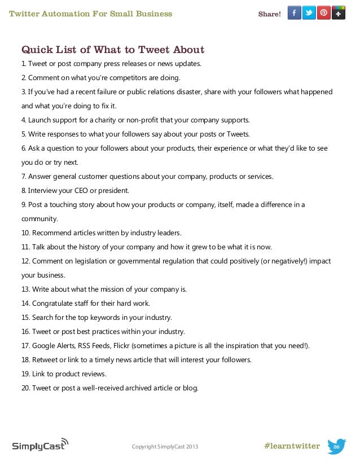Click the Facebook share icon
[295, 13]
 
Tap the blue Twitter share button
[309, 13]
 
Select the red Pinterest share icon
[324, 13]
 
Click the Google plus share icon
[339, 13]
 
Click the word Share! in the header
[269, 14]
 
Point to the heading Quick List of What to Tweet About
[113, 50]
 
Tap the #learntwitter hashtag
[292, 446]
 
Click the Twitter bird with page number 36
[336, 446]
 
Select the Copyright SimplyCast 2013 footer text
[165, 447]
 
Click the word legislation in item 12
[89, 261]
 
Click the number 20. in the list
[26, 388]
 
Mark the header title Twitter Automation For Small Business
[91, 14]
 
